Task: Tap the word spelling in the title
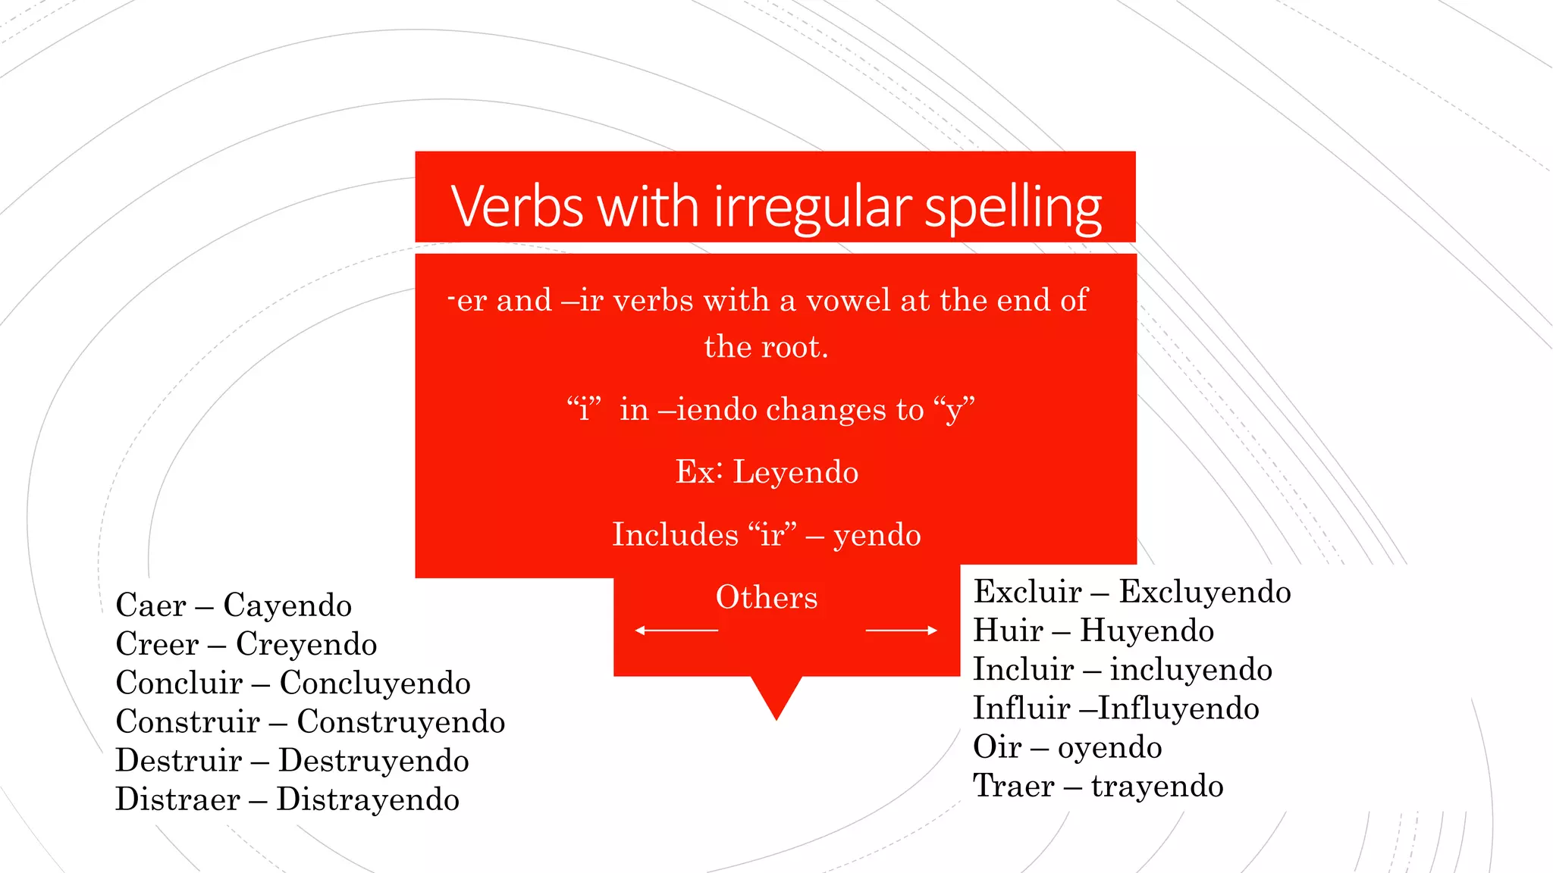(1013, 208)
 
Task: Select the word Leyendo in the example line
(795, 472)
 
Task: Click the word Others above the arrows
(767, 597)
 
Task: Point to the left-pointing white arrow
(676, 630)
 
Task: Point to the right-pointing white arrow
(901, 630)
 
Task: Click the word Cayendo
(287, 605)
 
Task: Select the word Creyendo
(306, 644)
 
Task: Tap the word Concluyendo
(375, 683)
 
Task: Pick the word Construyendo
(400, 721)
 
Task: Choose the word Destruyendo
(374, 761)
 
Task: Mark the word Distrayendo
(368, 799)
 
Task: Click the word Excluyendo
(1205, 592)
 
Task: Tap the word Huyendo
(1147, 630)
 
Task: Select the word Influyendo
(1178, 709)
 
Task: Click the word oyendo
(1109, 747)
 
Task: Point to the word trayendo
(1157, 786)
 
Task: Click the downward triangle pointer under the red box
(776, 696)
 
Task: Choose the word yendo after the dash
(877, 536)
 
